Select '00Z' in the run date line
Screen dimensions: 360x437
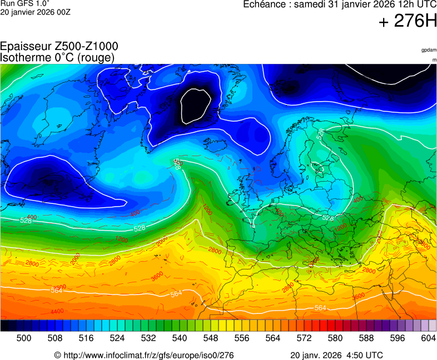[x=62, y=12]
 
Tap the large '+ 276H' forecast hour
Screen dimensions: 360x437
[x=408, y=22]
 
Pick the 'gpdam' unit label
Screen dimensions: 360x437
[x=428, y=50]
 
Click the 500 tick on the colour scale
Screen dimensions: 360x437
[x=24, y=338]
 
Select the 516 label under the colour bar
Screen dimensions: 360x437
[x=86, y=338]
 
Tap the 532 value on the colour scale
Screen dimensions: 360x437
[x=148, y=338]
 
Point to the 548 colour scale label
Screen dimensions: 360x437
[x=211, y=338]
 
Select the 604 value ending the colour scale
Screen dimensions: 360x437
[x=428, y=338]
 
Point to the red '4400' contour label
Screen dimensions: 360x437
[x=57, y=312]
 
